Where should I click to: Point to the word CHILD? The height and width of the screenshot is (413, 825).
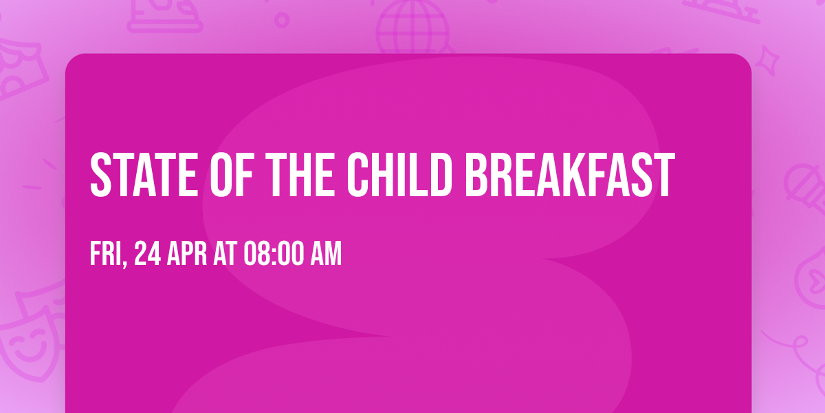click(x=400, y=176)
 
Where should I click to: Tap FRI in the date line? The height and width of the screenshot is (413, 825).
click(x=105, y=255)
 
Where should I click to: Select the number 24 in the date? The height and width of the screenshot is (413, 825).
click(x=148, y=255)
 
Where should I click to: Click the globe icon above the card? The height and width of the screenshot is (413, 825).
click(x=412, y=28)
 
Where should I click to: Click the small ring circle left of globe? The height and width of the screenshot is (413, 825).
click(x=282, y=19)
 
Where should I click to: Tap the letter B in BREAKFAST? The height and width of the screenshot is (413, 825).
click(x=477, y=176)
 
